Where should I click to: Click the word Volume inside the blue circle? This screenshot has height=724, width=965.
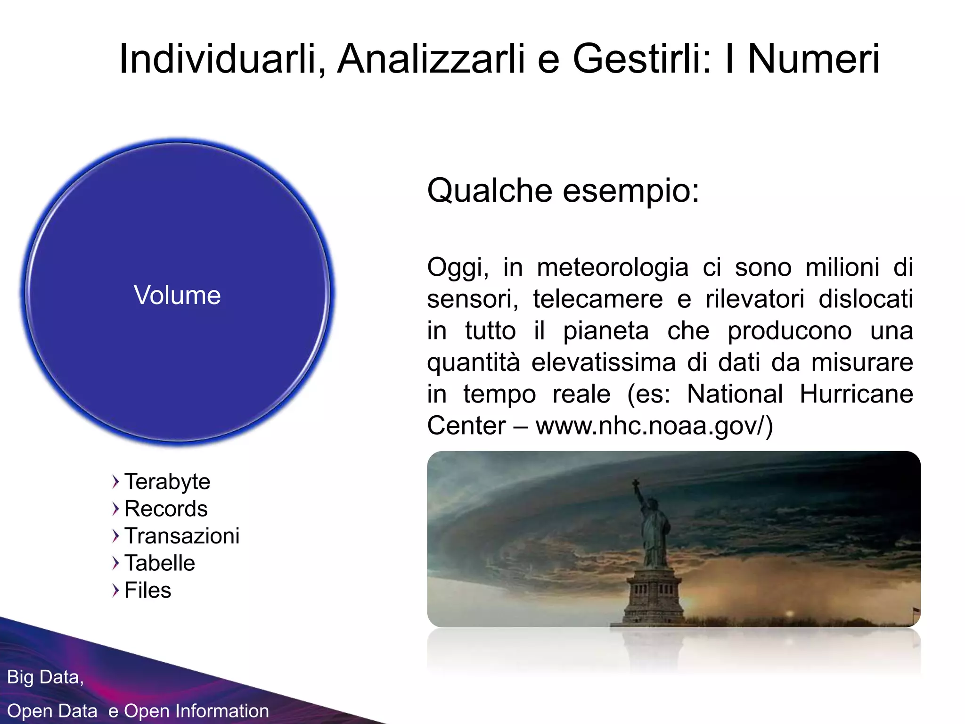(x=177, y=296)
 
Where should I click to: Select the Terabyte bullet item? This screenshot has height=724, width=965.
(x=167, y=482)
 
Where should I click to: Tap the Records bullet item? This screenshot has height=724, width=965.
(x=166, y=509)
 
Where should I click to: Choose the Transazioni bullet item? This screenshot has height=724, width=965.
(x=182, y=536)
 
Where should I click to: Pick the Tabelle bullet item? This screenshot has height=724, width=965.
(x=160, y=563)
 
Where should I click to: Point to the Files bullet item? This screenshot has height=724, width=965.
(x=147, y=590)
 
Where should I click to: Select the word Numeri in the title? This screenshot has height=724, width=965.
(x=813, y=59)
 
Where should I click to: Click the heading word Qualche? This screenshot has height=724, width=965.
(x=489, y=191)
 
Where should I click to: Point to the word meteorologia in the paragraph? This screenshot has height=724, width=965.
(x=613, y=268)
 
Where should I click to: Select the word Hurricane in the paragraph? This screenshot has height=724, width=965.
(x=856, y=394)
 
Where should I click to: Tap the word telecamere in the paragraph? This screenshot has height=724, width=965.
(x=597, y=299)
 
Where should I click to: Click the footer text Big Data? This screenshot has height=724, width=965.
(x=45, y=677)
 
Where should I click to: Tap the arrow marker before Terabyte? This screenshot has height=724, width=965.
(x=115, y=482)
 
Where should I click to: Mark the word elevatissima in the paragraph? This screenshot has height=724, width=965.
(x=604, y=362)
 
